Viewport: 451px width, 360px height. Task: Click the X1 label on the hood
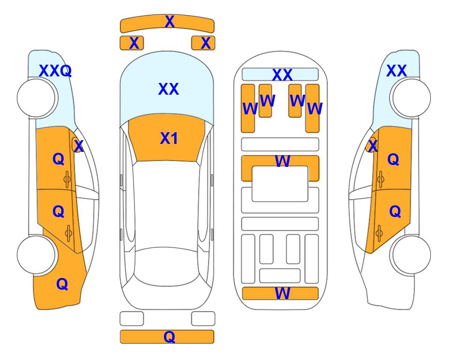[169, 138]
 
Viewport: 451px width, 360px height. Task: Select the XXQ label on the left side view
[55, 71]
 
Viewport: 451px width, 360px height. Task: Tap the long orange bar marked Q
[167, 337]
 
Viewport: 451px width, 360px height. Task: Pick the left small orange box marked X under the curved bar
[132, 43]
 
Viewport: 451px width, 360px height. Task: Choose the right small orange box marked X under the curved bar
[203, 43]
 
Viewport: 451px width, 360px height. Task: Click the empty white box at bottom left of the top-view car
[132, 319]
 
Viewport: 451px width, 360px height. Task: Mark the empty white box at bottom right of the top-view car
[203, 319]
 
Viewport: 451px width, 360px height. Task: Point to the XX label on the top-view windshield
[169, 89]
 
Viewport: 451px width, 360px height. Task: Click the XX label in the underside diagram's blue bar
[282, 75]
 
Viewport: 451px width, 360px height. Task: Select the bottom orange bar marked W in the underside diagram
[280, 293]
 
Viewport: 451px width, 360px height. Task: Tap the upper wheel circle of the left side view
[36, 98]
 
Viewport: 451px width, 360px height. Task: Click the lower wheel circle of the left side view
[36, 255]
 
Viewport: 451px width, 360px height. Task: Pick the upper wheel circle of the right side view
[411, 98]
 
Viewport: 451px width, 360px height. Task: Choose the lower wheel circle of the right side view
[411, 255]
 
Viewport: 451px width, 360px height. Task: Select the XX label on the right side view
[397, 71]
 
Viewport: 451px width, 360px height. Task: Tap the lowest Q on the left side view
[62, 284]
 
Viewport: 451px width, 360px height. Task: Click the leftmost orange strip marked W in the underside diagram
[248, 108]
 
